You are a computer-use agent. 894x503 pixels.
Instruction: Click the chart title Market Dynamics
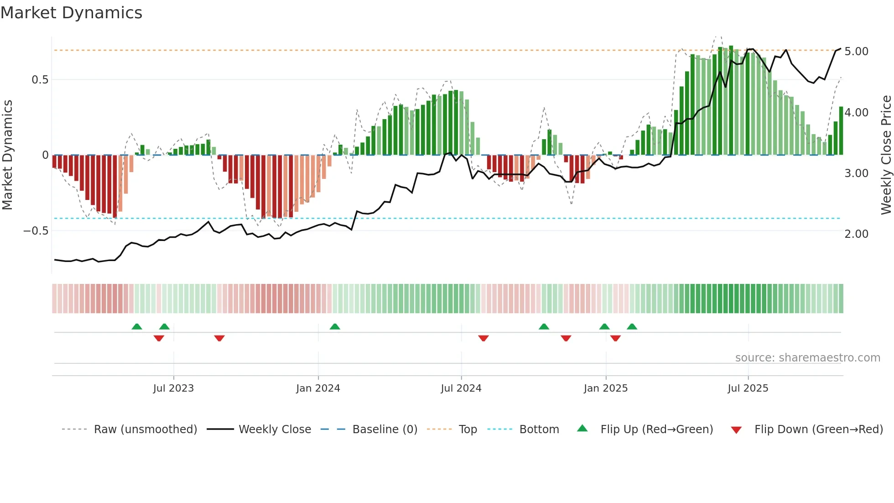(71, 13)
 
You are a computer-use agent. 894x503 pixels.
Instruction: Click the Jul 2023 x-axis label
(173, 388)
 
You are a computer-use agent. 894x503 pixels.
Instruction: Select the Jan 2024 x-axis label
(318, 388)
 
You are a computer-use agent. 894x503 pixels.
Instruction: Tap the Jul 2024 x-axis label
(461, 388)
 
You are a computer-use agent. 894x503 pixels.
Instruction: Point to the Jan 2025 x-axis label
(606, 388)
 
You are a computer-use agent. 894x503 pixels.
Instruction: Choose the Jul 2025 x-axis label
(748, 388)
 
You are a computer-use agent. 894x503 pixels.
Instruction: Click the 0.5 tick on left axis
(40, 80)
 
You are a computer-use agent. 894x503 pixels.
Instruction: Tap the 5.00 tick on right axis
(856, 52)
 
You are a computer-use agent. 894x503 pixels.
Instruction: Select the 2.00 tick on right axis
(856, 234)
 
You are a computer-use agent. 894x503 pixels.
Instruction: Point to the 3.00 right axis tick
(856, 173)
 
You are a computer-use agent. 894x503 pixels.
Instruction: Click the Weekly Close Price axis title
(886, 155)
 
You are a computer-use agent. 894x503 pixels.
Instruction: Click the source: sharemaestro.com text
(807, 358)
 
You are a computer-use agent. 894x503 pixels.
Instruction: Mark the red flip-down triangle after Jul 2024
(483, 338)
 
